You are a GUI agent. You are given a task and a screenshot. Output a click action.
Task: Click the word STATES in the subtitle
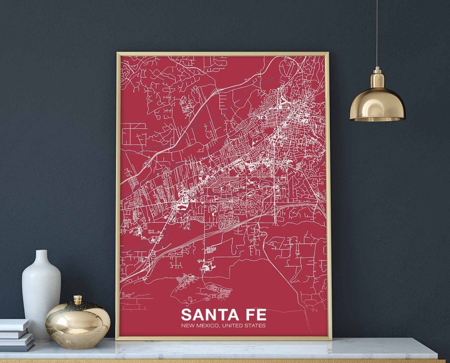[255, 326]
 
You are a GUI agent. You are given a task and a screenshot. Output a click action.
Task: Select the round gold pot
[78, 324]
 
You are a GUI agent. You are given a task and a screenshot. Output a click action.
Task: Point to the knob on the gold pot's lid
[78, 299]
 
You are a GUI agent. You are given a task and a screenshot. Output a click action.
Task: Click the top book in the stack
[14, 324]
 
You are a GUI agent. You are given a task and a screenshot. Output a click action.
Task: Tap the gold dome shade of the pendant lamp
[377, 105]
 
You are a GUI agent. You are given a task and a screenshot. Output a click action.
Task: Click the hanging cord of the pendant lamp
[376, 34]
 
